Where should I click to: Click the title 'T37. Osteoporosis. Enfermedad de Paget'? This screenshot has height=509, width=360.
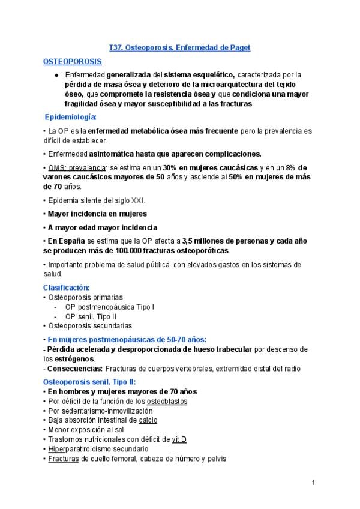pyautogui.click(x=179, y=47)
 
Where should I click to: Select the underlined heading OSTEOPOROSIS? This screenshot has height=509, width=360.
pyautogui.click(x=72, y=61)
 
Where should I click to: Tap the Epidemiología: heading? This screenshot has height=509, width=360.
pyautogui.click(x=71, y=116)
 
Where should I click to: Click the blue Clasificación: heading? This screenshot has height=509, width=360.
pyautogui.click(x=66, y=288)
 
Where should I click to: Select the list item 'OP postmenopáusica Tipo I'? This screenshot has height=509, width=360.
pyautogui.click(x=110, y=307)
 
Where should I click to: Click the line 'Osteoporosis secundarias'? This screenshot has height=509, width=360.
pyautogui.click(x=89, y=326)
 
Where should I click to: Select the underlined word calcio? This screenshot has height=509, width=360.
pyautogui.click(x=148, y=420)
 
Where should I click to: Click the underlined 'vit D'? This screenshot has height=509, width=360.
pyautogui.click(x=179, y=439)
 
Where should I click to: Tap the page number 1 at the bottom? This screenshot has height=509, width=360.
pyautogui.click(x=313, y=483)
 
